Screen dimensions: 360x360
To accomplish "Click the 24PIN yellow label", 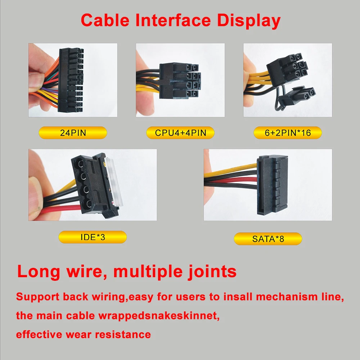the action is pos(73,132).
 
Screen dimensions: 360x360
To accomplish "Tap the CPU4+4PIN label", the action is pos(180,132).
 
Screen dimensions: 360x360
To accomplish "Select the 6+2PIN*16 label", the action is pos(288,132).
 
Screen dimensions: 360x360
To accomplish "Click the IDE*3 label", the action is pos(93,237).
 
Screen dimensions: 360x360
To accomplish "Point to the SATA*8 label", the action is pos(268,239).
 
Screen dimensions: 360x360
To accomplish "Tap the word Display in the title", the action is pos(248,21).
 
